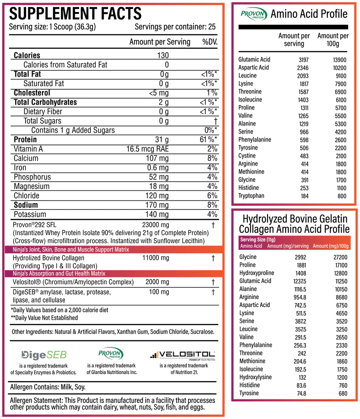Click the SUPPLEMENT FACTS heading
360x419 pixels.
(76, 14)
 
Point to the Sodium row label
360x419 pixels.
(26, 205)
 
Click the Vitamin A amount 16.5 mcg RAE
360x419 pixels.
(148, 149)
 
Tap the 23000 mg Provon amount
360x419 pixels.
(156, 225)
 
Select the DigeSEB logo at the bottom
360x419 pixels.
(44, 355)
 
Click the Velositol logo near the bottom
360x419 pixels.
(184, 354)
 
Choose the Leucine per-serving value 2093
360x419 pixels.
(301, 76)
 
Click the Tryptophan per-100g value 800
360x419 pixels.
(342, 196)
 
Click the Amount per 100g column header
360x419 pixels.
(333, 40)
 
